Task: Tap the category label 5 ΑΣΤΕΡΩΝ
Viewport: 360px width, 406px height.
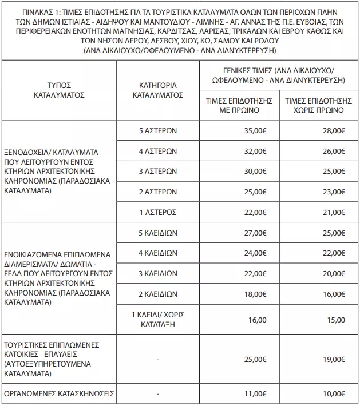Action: pos(157,130)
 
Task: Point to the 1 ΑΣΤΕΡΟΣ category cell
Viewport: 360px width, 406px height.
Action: pos(157,213)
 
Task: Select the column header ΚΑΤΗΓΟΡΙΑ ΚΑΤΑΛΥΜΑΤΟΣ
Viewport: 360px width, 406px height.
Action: pos(157,90)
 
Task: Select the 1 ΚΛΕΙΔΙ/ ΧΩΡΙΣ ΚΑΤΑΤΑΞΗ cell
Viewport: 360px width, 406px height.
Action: pos(157,319)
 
